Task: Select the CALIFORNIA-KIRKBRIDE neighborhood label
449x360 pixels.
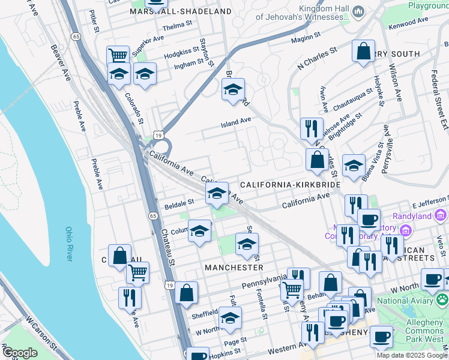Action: click(x=291, y=185)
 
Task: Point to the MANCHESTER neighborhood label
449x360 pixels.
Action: click(x=234, y=266)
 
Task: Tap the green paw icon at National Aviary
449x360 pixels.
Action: click(x=442, y=298)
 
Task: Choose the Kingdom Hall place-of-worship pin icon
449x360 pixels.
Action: click(x=358, y=11)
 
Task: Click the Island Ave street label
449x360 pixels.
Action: click(x=236, y=121)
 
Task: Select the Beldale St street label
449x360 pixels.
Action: click(x=179, y=203)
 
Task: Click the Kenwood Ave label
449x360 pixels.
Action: click(x=409, y=22)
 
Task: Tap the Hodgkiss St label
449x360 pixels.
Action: click(x=180, y=53)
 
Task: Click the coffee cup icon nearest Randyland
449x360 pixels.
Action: click(x=369, y=219)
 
